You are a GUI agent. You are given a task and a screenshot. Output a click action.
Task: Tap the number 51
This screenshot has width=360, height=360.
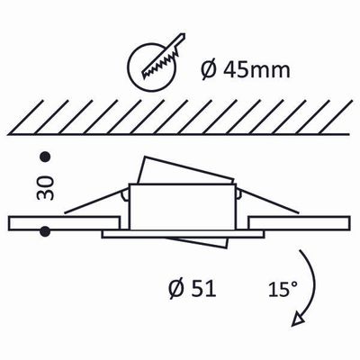pos(203,290)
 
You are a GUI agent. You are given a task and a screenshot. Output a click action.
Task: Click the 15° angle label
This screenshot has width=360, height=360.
pos(282,290)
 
